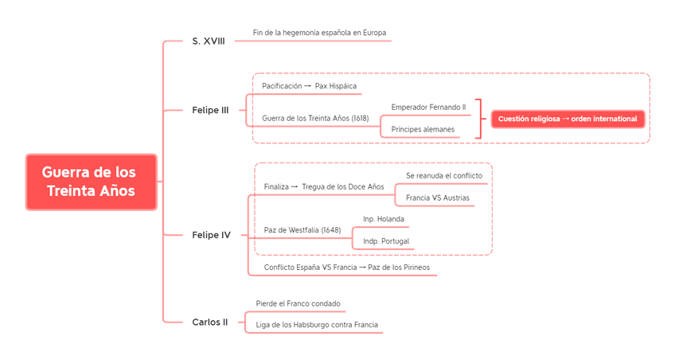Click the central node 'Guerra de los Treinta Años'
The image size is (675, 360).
click(90, 182)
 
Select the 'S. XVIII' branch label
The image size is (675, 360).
click(208, 40)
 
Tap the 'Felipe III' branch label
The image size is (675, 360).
click(210, 110)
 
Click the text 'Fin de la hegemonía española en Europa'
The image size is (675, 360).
click(319, 33)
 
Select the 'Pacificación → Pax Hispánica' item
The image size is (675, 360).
click(309, 85)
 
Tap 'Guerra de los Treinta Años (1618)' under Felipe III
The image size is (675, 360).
click(315, 118)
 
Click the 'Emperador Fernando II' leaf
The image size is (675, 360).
click(427, 106)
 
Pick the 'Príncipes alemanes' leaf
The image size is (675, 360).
click(422, 128)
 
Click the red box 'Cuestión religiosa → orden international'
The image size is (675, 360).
click(568, 119)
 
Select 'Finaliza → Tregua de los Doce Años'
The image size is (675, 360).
click(323, 186)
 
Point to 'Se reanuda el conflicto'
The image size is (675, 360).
click(444, 174)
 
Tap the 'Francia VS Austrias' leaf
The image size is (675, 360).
click(437, 197)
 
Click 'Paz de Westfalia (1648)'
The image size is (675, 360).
click(302, 230)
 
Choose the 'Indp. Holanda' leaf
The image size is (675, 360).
click(384, 218)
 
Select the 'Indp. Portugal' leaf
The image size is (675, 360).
click(385, 241)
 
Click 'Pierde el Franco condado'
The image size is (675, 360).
click(298, 303)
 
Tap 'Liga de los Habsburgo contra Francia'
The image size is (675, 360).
click(317, 325)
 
